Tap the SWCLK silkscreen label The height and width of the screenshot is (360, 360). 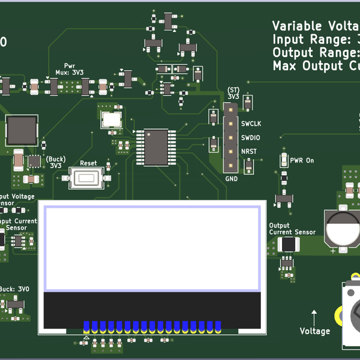251,124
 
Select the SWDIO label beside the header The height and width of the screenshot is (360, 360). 251,137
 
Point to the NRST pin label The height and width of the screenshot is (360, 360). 248,151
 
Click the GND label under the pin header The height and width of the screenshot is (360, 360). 232,179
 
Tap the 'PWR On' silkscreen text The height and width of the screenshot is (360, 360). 302,161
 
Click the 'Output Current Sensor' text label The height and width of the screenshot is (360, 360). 292,229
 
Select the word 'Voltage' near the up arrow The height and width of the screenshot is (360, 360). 315,331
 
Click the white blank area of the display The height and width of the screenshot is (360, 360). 151,245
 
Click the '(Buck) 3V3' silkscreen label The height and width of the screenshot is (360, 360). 56,162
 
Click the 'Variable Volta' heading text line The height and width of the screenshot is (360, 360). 316,26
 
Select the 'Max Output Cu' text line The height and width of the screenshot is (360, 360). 316,66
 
